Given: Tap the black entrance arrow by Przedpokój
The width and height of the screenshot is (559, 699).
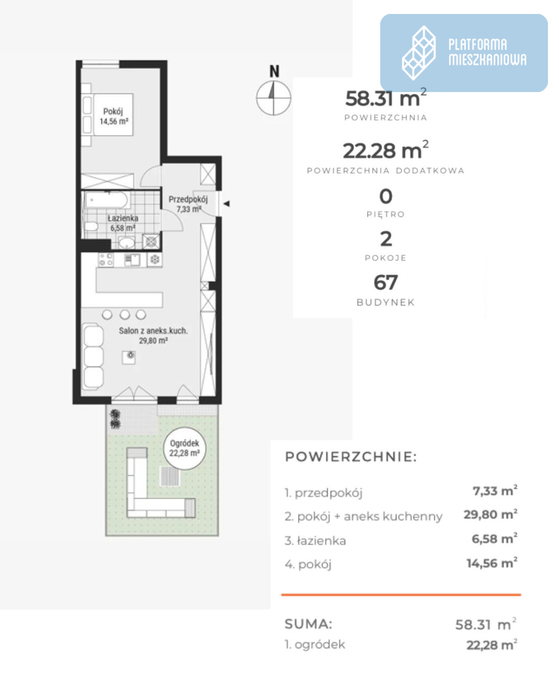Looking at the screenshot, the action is click(x=227, y=204).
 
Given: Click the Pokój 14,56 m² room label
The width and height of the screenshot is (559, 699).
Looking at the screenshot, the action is click(x=114, y=116).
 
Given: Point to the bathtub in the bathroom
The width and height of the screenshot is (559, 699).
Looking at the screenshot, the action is click(x=106, y=199).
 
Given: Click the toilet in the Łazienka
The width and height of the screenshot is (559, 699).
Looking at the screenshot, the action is click(x=91, y=226).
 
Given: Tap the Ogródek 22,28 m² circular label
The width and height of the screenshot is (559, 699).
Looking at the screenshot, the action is click(x=184, y=448).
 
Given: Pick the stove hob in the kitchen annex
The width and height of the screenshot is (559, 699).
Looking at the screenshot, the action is click(x=106, y=260).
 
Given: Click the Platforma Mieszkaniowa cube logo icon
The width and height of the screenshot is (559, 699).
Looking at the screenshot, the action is click(x=418, y=53).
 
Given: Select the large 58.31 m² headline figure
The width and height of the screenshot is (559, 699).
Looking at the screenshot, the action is click(x=385, y=98).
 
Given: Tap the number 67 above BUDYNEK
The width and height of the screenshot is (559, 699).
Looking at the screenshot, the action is click(x=385, y=283).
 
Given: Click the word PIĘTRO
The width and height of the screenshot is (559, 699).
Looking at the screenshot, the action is click(x=385, y=214).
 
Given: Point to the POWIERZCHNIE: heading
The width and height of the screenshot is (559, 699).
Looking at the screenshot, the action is click(x=351, y=457).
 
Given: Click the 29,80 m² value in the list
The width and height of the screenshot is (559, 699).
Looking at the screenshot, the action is click(x=490, y=514).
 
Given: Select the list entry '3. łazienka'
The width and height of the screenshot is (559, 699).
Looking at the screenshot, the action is click(x=315, y=541).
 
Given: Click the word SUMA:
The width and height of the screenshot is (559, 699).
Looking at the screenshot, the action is click(x=308, y=624).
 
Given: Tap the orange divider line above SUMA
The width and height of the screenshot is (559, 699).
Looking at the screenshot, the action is click(x=401, y=594).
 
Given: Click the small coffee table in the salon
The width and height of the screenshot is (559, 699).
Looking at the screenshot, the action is click(x=129, y=357).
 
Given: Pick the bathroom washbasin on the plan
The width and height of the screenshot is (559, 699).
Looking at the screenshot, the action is click(x=126, y=242).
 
